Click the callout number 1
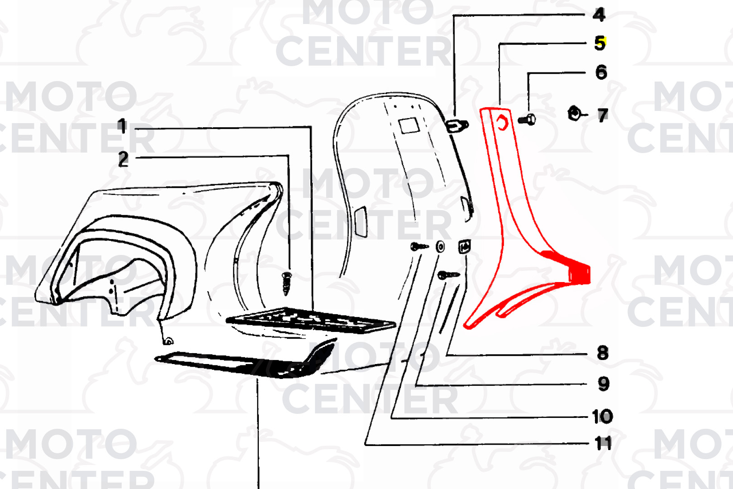(122, 126)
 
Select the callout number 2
(124, 159)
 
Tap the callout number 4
(599, 14)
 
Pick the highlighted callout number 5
(600, 43)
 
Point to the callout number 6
(601, 72)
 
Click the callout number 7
(603, 115)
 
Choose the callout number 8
(603, 353)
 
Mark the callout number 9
(604, 384)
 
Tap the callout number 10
(602, 417)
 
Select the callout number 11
(602, 444)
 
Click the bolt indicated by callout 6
(527, 120)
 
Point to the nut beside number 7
(574, 113)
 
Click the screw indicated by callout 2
(286, 283)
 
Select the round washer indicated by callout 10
(440, 246)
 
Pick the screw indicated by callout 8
(449, 275)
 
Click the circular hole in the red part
(502, 124)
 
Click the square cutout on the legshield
(409, 126)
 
